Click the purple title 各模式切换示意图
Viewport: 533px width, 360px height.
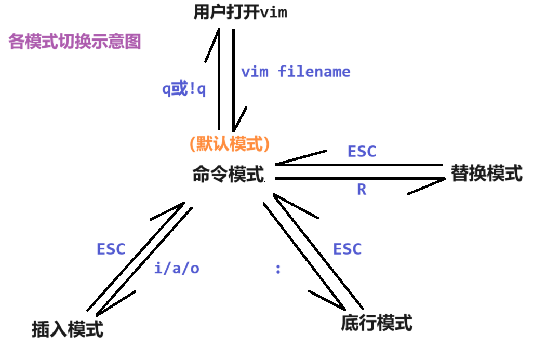(75, 42)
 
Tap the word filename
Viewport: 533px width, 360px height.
(314, 71)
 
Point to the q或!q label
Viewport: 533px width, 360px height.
(184, 89)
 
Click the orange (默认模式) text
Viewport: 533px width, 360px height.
(230, 144)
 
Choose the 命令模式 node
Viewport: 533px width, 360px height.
(228, 174)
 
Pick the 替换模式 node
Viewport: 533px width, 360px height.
(486, 173)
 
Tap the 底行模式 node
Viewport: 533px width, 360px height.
(377, 323)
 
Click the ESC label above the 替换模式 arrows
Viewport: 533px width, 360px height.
(362, 152)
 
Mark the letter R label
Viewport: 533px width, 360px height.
(362, 190)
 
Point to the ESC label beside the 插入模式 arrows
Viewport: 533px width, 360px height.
(111, 249)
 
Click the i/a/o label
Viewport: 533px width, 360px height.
(177, 269)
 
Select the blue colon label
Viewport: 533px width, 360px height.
(278, 269)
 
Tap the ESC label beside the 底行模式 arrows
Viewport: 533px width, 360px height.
(347, 249)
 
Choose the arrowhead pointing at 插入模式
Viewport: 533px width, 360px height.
(99, 312)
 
